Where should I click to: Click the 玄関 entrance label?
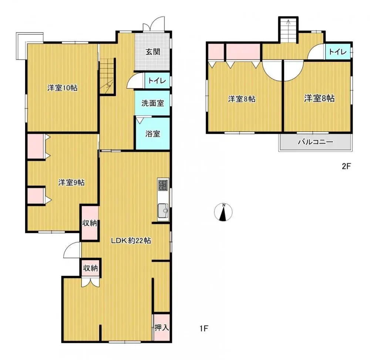tap(152, 52)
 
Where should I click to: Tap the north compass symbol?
tap(223, 213)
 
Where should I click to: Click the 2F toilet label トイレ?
tap(338, 52)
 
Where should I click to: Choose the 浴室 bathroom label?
tap(152, 133)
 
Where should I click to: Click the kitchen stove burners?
tap(163, 184)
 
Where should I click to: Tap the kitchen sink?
tap(163, 211)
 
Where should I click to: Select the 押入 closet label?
tap(162, 327)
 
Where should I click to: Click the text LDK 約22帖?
tap(131, 241)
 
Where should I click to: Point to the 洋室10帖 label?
tap(62, 88)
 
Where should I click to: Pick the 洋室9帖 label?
tap(71, 182)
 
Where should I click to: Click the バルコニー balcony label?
tap(315, 142)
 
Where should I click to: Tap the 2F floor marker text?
tap(346, 166)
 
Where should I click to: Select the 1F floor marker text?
tap(204, 327)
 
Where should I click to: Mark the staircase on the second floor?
tap(288, 31)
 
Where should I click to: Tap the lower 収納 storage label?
tap(90, 268)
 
